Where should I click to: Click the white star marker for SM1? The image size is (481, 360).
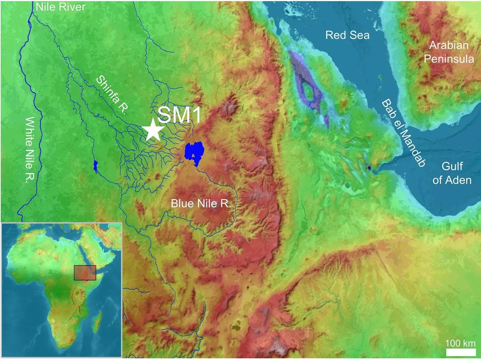[x=153, y=130]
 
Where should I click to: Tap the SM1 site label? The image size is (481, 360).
[x=179, y=115]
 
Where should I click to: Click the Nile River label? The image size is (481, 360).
[x=60, y=7]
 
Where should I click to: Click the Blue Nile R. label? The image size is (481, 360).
[x=201, y=204]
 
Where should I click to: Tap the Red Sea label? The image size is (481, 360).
[x=347, y=35]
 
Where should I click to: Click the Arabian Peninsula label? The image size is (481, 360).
[x=449, y=52]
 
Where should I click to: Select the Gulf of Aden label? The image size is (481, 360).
[x=452, y=173]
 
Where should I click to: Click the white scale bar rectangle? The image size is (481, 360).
[x=461, y=352]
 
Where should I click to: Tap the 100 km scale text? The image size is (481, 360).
[x=460, y=343]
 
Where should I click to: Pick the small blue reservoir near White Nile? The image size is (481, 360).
[x=96, y=166]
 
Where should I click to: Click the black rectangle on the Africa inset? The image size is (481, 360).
[x=85, y=273]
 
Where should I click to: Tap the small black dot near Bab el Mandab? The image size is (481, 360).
[x=369, y=168]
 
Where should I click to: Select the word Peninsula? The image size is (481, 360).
[x=449, y=59]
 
